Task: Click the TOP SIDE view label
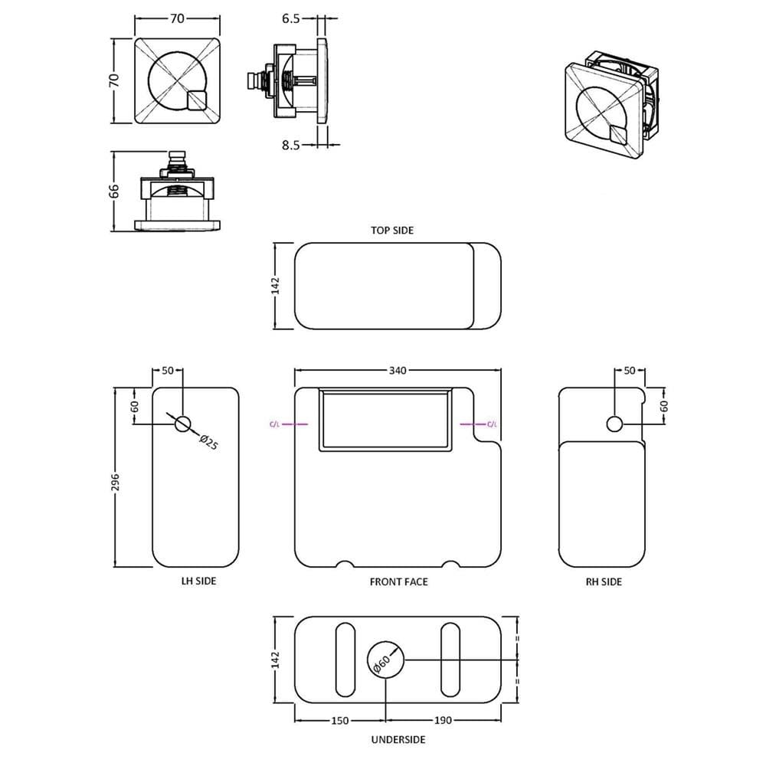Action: tap(391, 230)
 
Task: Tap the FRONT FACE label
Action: tap(398, 582)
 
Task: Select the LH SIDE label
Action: tap(198, 581)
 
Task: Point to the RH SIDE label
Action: tap(604, 582)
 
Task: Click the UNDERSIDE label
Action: tap(398, 740)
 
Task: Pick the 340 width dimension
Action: tap(398, 370)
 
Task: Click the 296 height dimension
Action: tap(115, 482)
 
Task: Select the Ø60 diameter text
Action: tap(381, 664)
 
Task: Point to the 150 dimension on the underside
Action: tap(340, 721)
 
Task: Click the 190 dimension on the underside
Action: tap(443, 720)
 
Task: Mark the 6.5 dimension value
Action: tap(290, 18)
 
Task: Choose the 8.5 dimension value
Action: tap(290, 145)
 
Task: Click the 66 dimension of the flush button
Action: tap(113, 191)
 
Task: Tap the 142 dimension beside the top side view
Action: tap(276, 286)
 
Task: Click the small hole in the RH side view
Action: tap(614, 424)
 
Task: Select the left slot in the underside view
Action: tap(345, 660)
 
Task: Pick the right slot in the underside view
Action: tap(450, 660)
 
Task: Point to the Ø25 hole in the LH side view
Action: tap(183, 424)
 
